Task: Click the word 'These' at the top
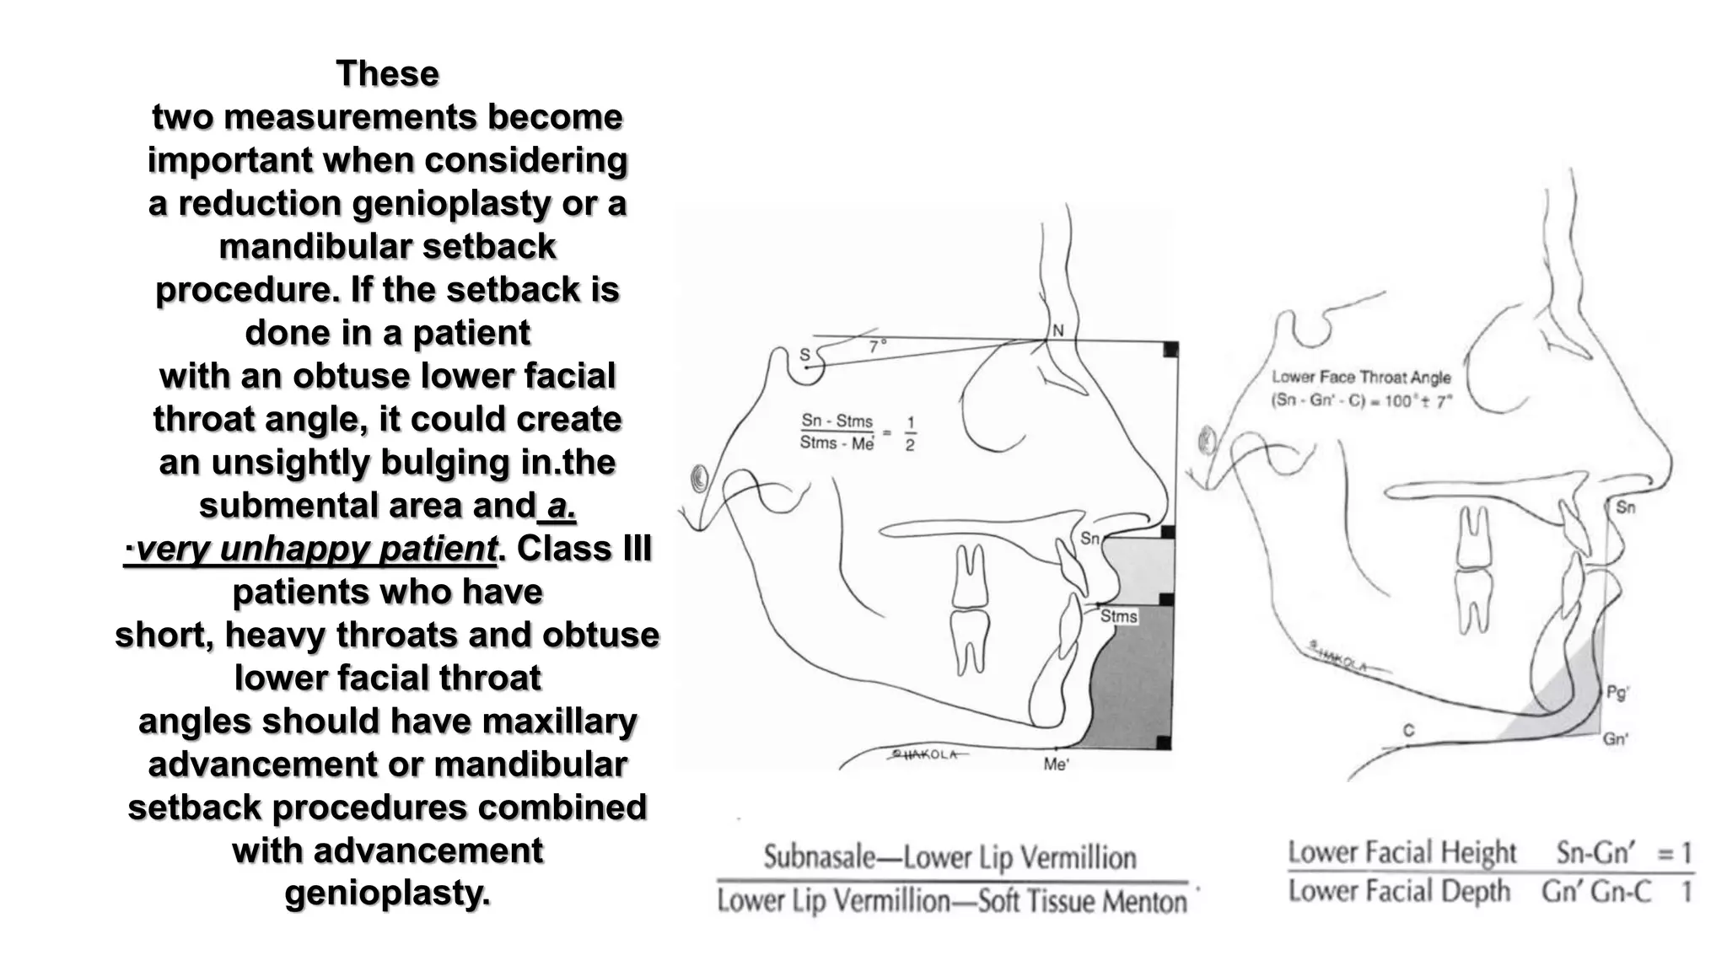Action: [x=387, y=74]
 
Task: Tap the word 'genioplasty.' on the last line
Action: [x=387, y=893]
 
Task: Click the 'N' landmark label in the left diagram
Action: [x=1058, y=330]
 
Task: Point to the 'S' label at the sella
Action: [x=804, y=355]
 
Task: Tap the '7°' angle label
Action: [x=878, y=346]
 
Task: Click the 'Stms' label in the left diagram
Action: [x=1119, y=617]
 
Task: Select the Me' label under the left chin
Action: [x=1055, y=764]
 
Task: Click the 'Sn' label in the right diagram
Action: [x=1625, y=507]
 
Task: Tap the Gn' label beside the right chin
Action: [x=1615, y=739]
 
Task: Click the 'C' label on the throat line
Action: [x=1408, y=731]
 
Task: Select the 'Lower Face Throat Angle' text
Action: [x=1361, y=378]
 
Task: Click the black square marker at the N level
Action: [x=1170, y=349]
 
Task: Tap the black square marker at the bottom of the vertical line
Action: [x=1164, y=743]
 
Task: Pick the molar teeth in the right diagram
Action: [x=1473, y=569]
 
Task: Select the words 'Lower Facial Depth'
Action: [x=1399, y=892]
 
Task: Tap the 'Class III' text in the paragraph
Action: [x=584, y=550]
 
